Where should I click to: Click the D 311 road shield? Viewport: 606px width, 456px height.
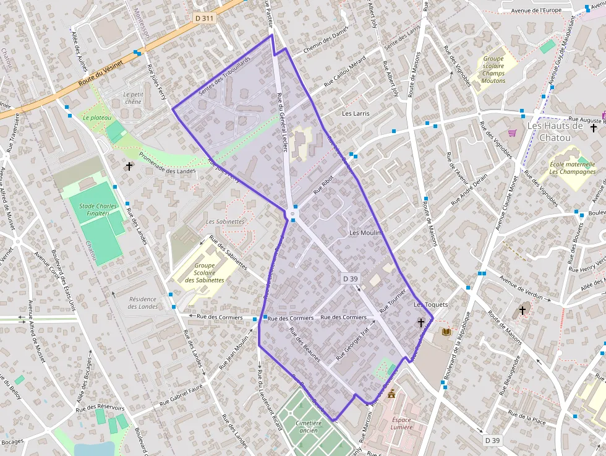(204, 19)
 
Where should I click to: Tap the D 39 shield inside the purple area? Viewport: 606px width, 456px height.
(350, 279)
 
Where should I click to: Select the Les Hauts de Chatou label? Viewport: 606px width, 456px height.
(555, 131)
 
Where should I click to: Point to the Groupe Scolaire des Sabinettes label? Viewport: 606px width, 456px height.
(205, 273)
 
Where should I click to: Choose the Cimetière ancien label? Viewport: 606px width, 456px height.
(308, 427)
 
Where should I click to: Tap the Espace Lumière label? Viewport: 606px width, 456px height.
(401, 423)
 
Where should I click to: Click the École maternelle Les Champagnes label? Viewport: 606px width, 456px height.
(573, 168)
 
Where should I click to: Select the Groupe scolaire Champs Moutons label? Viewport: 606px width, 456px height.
(493, 70)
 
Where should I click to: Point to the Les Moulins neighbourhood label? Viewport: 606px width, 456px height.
(367, 233)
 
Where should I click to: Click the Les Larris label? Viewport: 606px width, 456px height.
(356, 114)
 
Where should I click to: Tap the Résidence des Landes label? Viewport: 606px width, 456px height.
(143, 303)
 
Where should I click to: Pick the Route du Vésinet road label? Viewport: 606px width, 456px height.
(101, 72)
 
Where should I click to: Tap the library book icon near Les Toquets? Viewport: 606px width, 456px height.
(446, 332)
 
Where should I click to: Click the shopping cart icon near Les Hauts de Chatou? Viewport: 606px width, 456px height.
(512, 132)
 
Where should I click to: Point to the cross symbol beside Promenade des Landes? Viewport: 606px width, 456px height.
(129, 166)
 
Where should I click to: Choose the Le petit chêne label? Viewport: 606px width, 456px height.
(133, 98)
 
